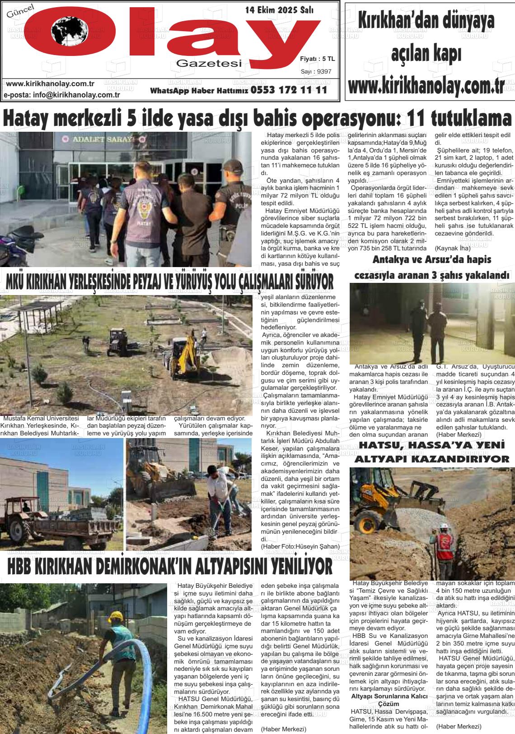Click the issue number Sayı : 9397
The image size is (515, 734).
coord(316,71)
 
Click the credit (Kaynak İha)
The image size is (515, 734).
coord(452,248)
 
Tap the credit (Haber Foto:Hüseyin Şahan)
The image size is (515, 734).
coord(300,547)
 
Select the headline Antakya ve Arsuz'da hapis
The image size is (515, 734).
coord(431,260)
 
